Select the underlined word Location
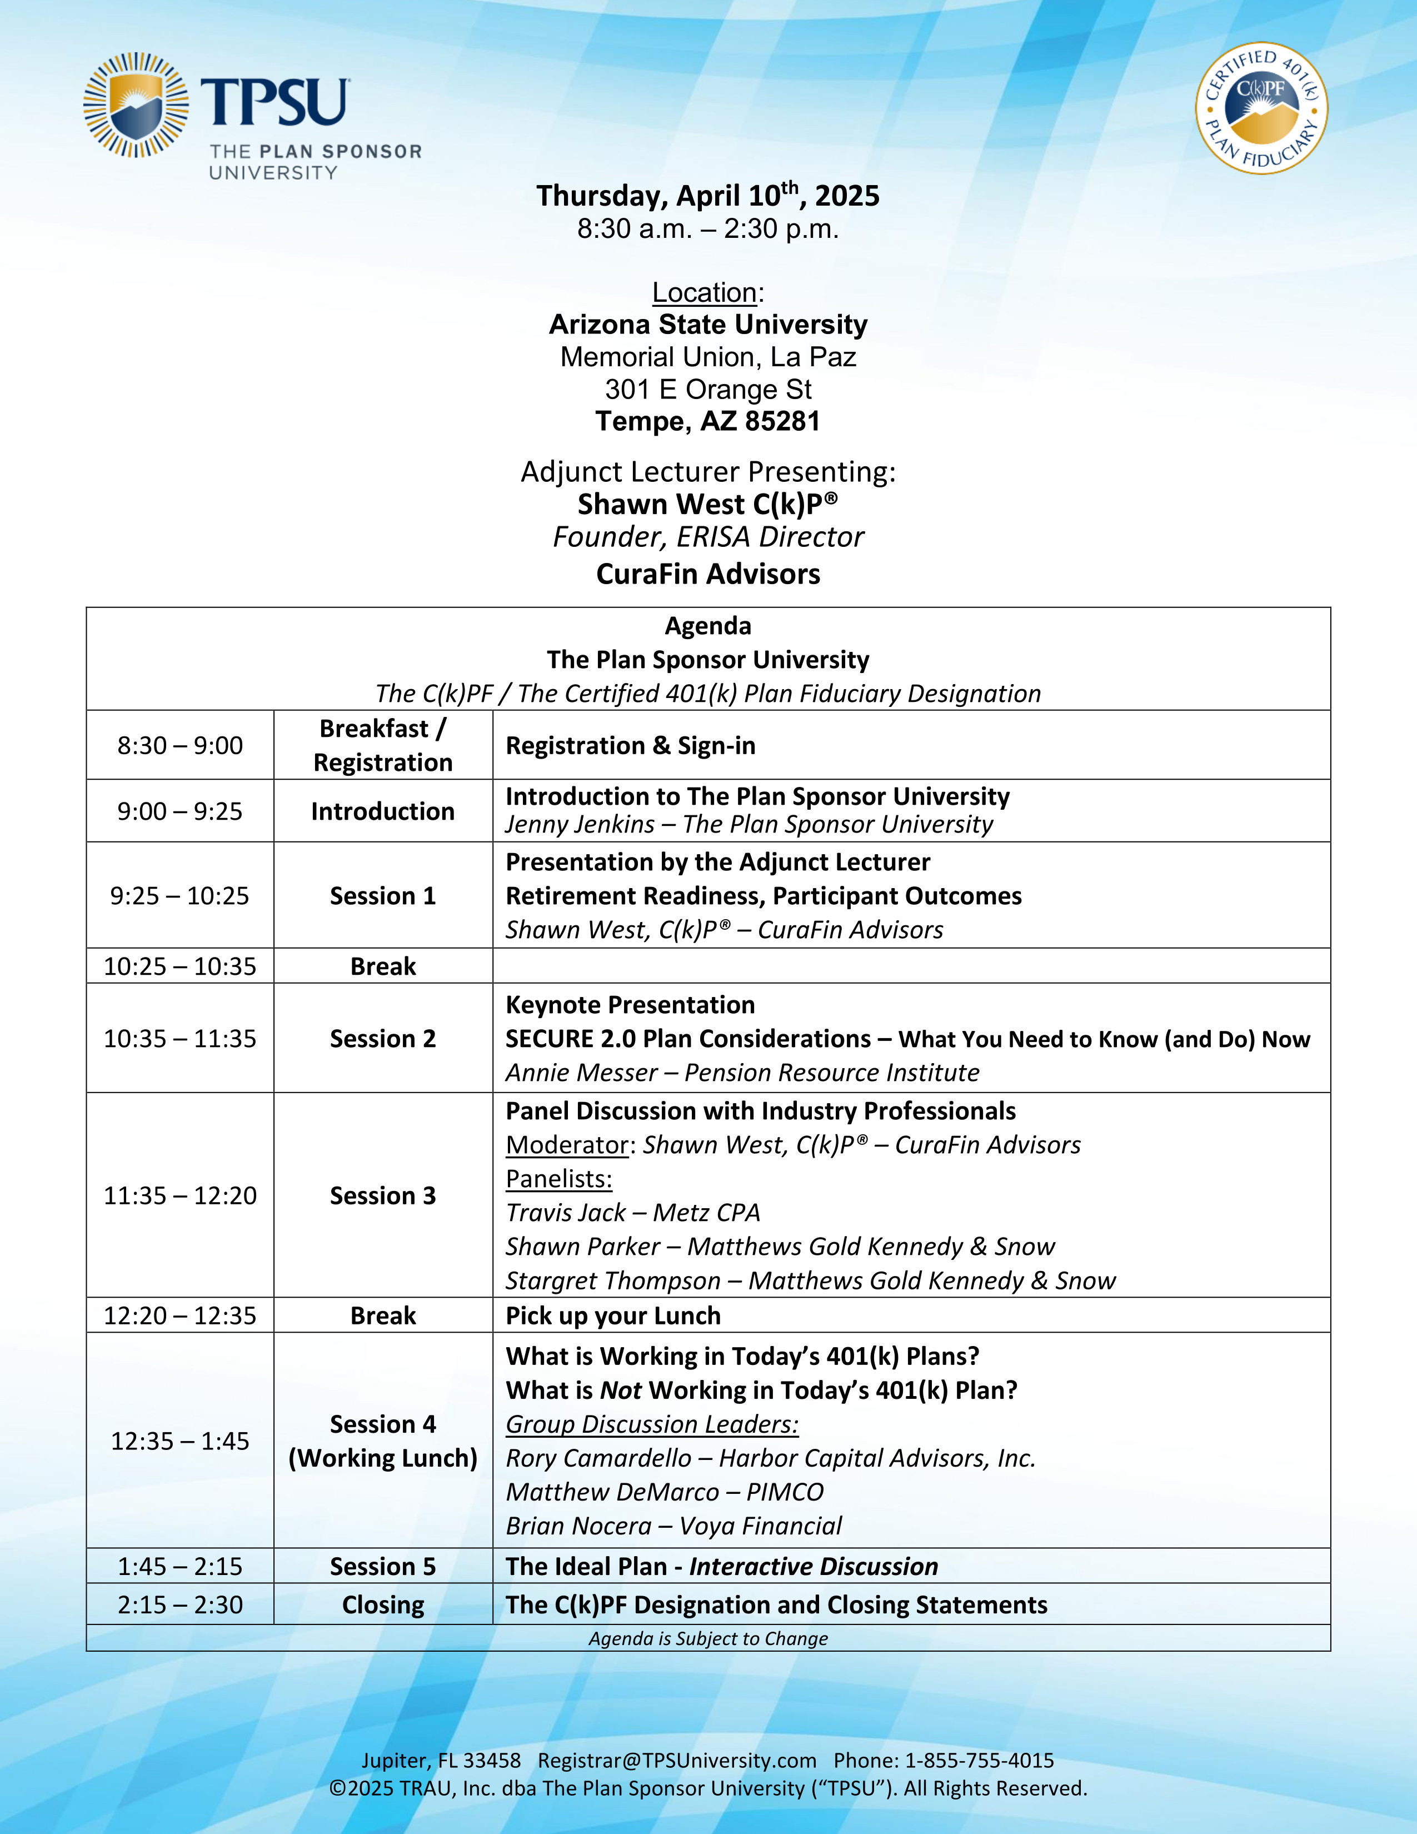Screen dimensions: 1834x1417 [704, 293]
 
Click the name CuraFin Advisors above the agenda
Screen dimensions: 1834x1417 [707, 575]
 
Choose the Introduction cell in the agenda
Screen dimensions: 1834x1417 [383, 811]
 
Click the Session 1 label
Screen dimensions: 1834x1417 [383, 896]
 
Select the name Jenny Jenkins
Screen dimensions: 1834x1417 [579, 825]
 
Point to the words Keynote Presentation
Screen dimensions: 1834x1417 [630, 1005]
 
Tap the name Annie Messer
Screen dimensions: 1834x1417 [581, 1073]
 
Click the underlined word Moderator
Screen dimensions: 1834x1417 [567, 1145]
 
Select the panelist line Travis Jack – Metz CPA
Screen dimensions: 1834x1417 [632, 1213]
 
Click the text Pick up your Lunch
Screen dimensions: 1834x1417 [613, 1316]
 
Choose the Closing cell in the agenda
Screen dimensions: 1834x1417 [383, 1605]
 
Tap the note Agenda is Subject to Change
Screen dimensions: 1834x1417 [707, 1638]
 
